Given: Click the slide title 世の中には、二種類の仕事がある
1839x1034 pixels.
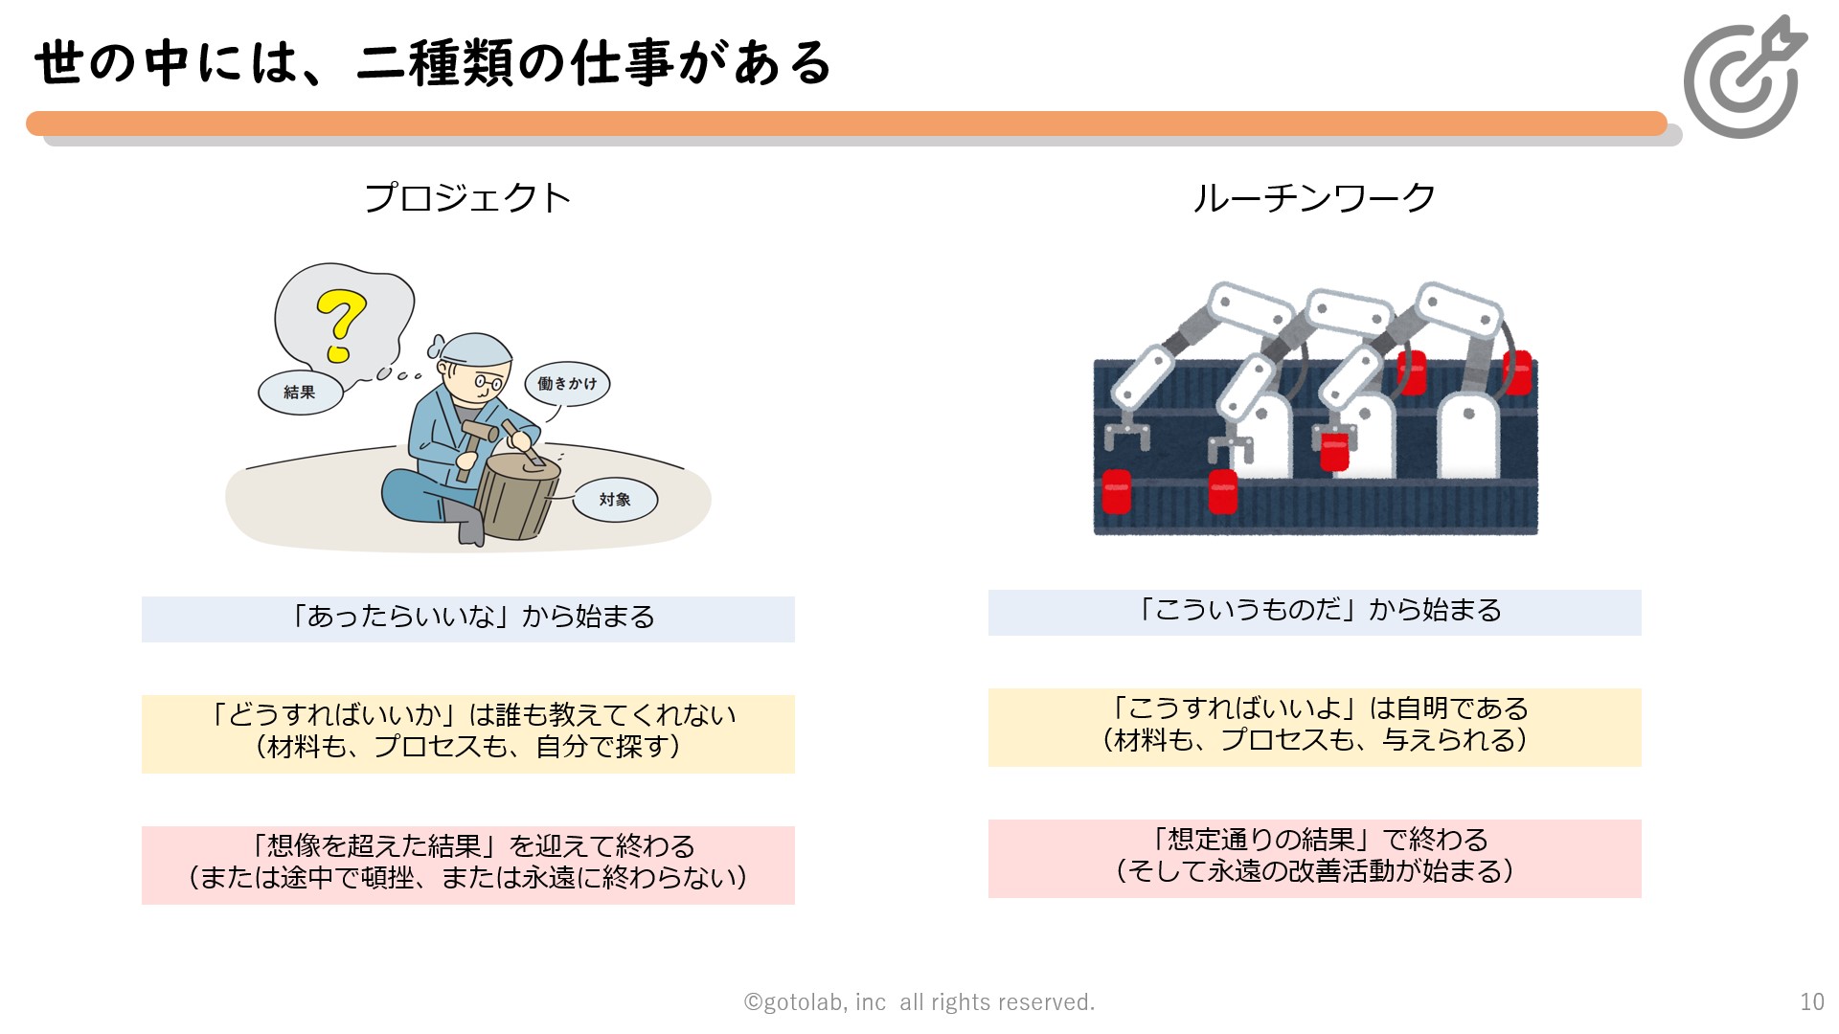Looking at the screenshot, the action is (x=433, y=63).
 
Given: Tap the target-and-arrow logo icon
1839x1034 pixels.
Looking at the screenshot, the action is (x=1744, y=77).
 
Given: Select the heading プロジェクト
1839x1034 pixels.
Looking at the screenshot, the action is (x=467, y=198).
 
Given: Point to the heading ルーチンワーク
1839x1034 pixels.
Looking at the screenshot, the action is (x=1314, y=198).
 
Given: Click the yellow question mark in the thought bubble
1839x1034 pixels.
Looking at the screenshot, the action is (x=341, y=326).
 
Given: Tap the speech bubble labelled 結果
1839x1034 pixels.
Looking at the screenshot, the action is (x=301, y=393).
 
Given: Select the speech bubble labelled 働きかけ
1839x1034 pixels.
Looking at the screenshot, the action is (x=567, y=384).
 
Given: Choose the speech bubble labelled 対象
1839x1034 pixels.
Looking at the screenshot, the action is (x=615, y=500).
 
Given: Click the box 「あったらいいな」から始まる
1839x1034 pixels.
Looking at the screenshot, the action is (x=468, y=618).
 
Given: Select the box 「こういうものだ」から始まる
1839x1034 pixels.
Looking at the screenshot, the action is (x=1314, y=612).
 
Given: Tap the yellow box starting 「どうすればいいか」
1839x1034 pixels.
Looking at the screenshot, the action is (x=468, y=733).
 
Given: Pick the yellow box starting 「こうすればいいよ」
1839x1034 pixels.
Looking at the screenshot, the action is (x=1314, y=727).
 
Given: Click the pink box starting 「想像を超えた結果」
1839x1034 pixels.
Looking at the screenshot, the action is (x=468, y=865).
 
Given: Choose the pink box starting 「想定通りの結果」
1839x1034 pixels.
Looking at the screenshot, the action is (x=1314, y=858).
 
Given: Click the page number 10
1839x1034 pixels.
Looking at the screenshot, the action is (x=1812, y=1002).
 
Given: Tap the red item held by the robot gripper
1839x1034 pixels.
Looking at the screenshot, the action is (x=1334, y=451).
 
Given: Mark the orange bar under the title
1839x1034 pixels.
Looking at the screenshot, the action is (x=847, y=124).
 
